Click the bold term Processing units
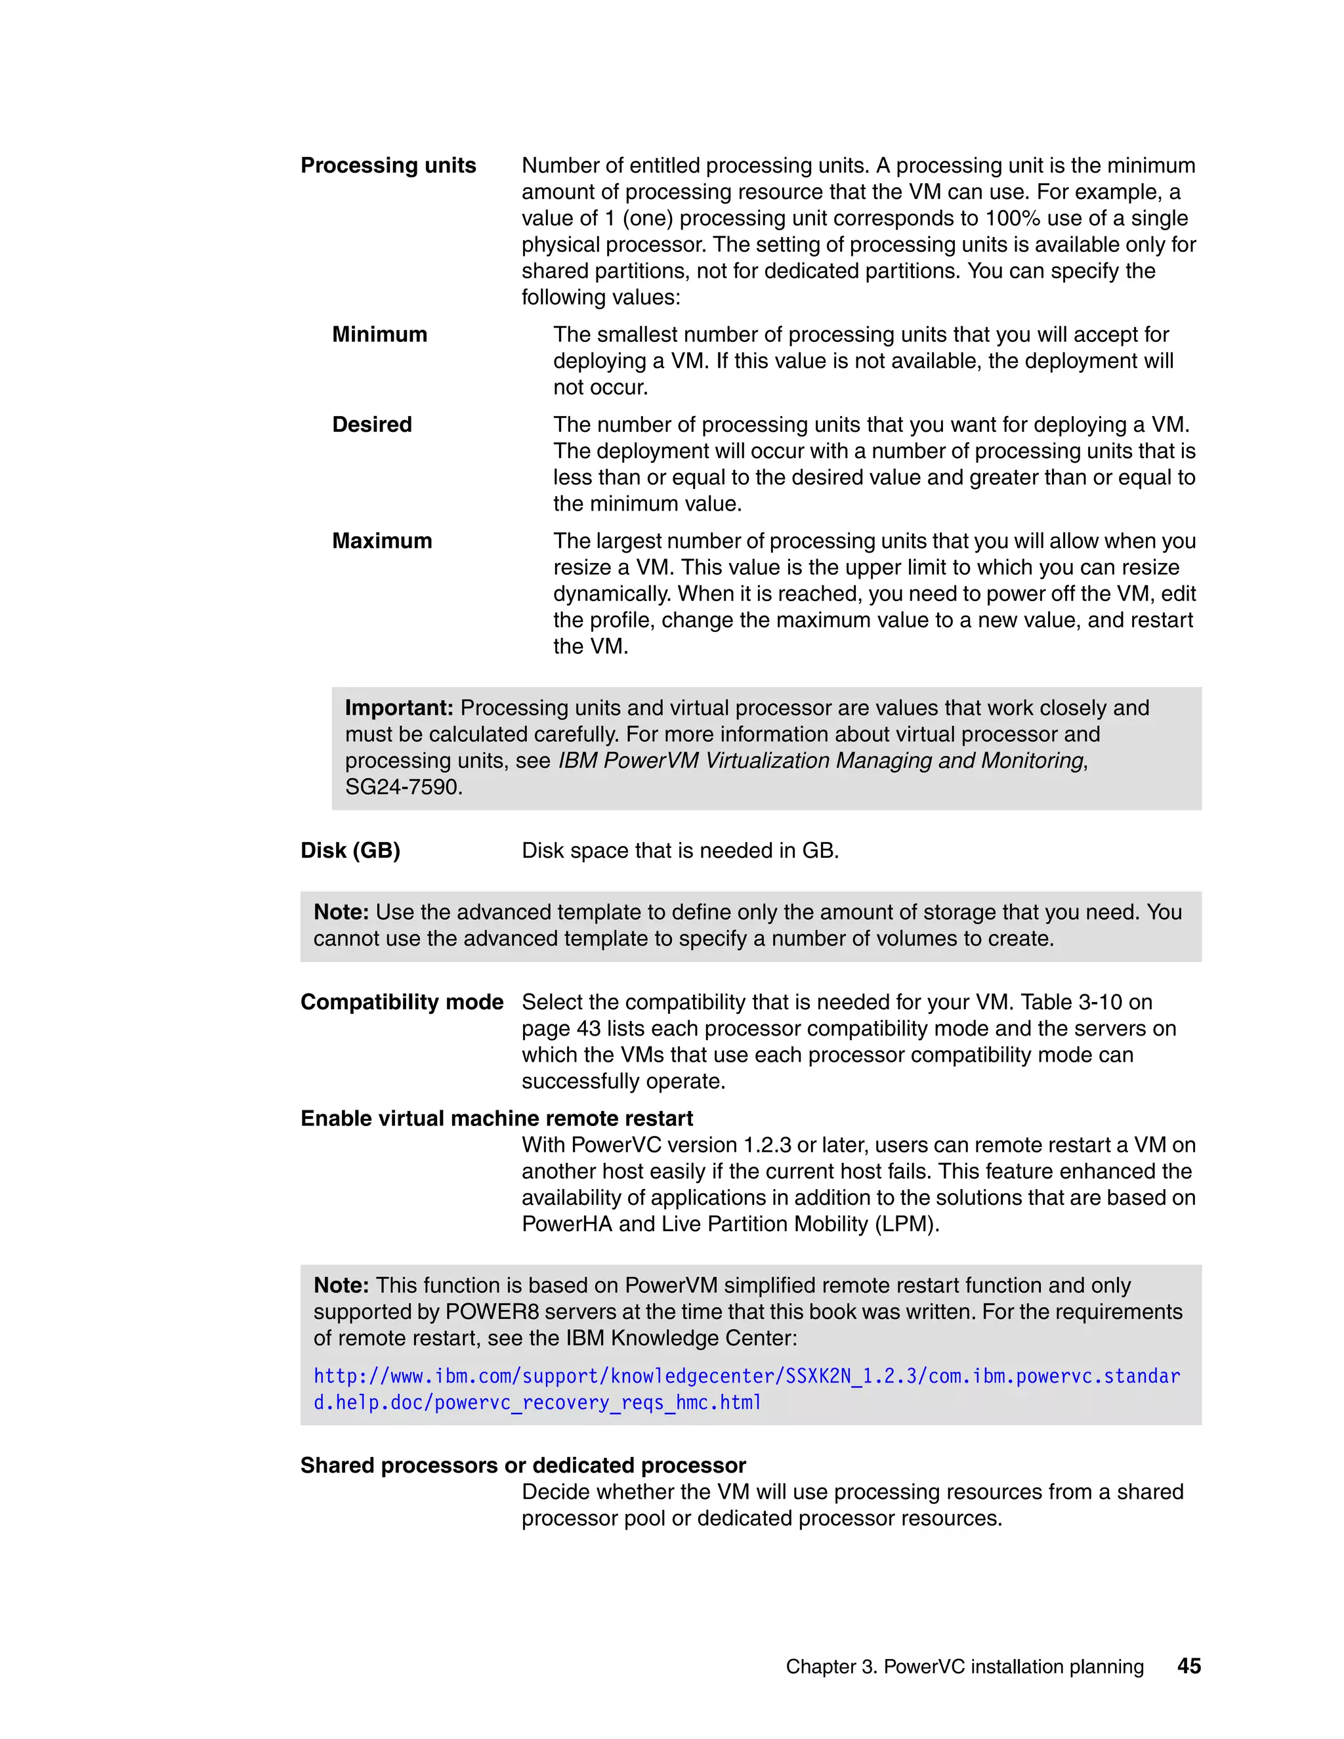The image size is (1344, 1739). (x=388, y=165)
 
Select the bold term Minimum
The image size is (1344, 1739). (x=379, y=335)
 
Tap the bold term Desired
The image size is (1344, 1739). (x=372, y=425)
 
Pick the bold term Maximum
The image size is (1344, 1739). (x=381, y=541)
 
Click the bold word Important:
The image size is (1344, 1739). (x=399, y=708)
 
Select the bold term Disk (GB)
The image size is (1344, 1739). (x=350, y=850)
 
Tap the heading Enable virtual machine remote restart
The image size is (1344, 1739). (x=496, y=1118)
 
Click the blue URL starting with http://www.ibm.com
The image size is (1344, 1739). (x=746, y=1376)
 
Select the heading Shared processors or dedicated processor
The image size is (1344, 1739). (x=522, y=1465)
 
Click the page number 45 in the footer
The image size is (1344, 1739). (x=1188, y=1666)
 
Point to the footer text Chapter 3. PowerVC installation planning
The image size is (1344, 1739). (x=964, y=1667)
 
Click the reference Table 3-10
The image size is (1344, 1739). (x=1071, y=1001)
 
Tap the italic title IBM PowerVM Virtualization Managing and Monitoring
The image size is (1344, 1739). (x=820, y=761)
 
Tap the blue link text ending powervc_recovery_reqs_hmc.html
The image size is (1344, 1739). (x=537, y=1402)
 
